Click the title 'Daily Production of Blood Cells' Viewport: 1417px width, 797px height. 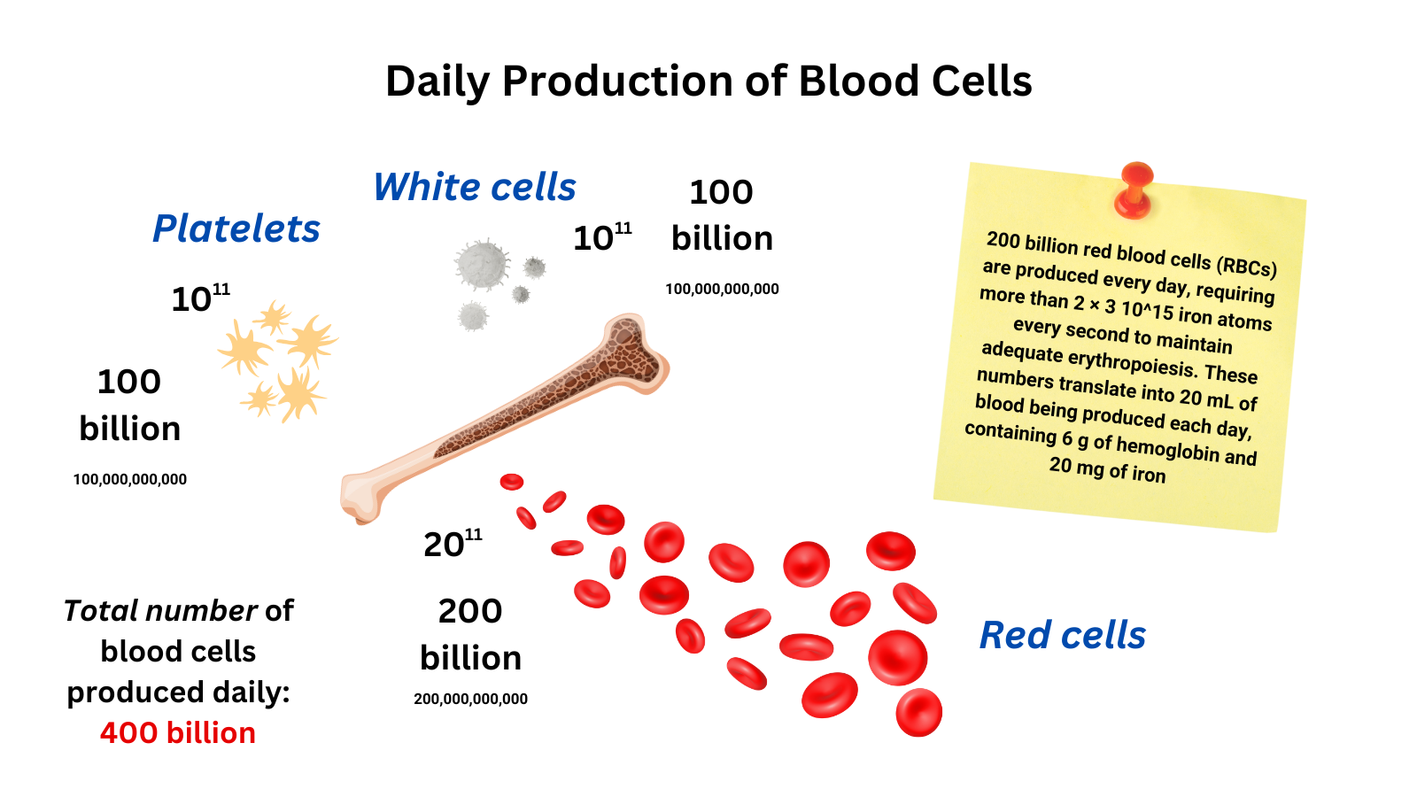[x=708, y=81]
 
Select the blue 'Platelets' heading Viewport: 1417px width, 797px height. [x=236, y=228]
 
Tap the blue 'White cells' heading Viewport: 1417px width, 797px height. [x=475, y=187]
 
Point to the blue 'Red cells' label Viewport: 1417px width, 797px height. [x=1062, y=635]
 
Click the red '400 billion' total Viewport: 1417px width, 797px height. [x=178, y=733]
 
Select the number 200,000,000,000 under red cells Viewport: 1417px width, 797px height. [x=470, y=699]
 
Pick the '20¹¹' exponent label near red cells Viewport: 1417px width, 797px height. [x=452, y=543]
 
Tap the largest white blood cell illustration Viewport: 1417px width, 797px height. [x=482, y=264]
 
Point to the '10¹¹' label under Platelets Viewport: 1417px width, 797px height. [x=200, y=298]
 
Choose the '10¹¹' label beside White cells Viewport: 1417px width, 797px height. [x=602, y=236]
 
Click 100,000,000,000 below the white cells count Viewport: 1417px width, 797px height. [x=722, y=289]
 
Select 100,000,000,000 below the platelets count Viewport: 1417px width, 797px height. [x=130, y=479]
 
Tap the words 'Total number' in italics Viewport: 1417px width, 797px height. [x=160, y=611]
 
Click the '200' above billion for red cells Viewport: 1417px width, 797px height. [x=470, y=611]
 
